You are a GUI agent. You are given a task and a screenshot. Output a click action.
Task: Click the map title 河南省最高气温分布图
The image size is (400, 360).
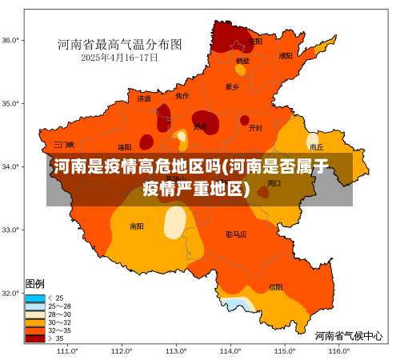119,44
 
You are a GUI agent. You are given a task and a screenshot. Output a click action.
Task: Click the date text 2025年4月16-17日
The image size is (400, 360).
119,58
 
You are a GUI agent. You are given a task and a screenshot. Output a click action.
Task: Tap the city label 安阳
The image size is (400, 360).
255,41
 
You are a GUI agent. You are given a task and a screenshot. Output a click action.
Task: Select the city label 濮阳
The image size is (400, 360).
286,56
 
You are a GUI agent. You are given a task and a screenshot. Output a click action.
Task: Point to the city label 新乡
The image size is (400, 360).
232,86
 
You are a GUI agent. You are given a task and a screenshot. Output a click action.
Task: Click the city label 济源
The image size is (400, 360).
144,99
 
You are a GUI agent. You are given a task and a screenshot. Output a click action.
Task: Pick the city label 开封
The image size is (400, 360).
255,128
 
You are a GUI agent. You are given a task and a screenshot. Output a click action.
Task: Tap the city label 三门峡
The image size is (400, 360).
64,145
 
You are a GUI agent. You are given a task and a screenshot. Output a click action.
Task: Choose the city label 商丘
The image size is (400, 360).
317,147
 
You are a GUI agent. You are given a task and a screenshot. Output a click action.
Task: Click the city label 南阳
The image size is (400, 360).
138,226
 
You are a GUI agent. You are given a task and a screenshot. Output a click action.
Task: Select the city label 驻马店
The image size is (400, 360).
236,234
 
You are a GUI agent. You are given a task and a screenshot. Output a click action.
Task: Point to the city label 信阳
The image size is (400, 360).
275,286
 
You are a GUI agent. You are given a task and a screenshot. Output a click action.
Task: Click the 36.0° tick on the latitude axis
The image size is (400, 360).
11,40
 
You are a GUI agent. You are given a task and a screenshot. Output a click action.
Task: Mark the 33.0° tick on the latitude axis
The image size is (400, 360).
11,230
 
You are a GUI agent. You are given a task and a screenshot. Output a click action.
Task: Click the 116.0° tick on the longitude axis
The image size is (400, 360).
338,350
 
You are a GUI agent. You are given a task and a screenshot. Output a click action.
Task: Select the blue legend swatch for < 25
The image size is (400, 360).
35,298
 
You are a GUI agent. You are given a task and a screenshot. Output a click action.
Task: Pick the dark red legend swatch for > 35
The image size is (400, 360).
35,338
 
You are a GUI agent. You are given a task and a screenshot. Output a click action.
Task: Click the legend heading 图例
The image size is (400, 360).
35,284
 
